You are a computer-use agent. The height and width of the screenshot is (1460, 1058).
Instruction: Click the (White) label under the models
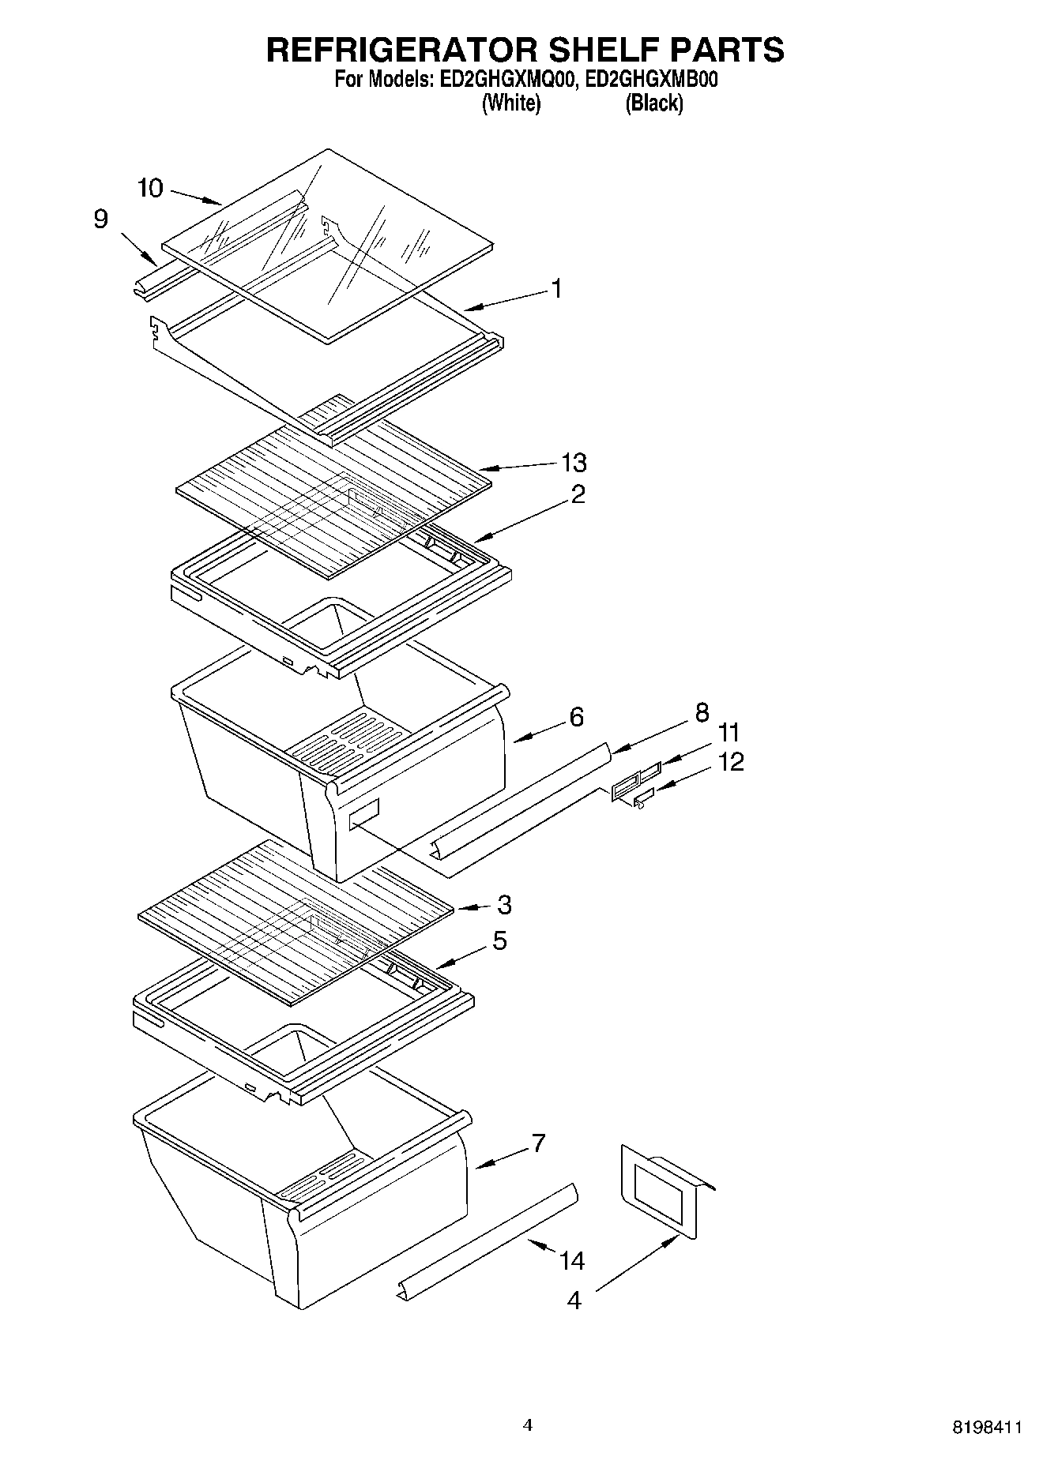pos(511,103)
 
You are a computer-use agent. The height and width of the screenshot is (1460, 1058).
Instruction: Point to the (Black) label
pos(654,103)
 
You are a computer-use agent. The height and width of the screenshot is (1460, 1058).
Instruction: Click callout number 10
pos(149,188)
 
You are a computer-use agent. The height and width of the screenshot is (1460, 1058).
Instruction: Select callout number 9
pos(100,219)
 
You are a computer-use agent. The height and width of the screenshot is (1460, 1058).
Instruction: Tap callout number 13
pos(574,462)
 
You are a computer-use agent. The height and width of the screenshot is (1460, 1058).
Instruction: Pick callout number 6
pos(577,717)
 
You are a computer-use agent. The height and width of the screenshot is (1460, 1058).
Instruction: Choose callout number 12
pos(732,762)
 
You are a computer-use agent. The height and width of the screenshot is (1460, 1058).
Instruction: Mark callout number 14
pos(572,1261)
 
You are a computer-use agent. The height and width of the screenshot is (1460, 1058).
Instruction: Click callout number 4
pos(574,1300)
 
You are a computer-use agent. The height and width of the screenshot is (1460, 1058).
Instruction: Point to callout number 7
pos(537,1143)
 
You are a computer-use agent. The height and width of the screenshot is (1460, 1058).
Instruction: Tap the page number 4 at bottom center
pos(528,1424)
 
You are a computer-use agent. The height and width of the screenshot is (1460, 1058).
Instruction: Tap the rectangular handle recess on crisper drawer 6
pos(364,813)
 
